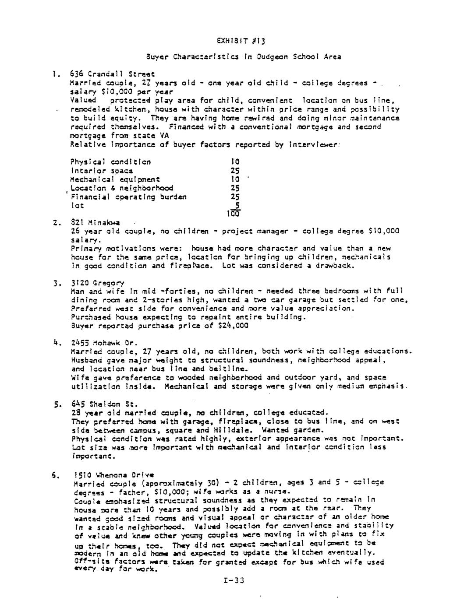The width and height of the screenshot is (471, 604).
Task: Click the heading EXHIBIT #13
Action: pos(241,41)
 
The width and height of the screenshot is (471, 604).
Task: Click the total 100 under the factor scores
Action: pos(233,214)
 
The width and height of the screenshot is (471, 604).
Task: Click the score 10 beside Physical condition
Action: pos(235,162)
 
